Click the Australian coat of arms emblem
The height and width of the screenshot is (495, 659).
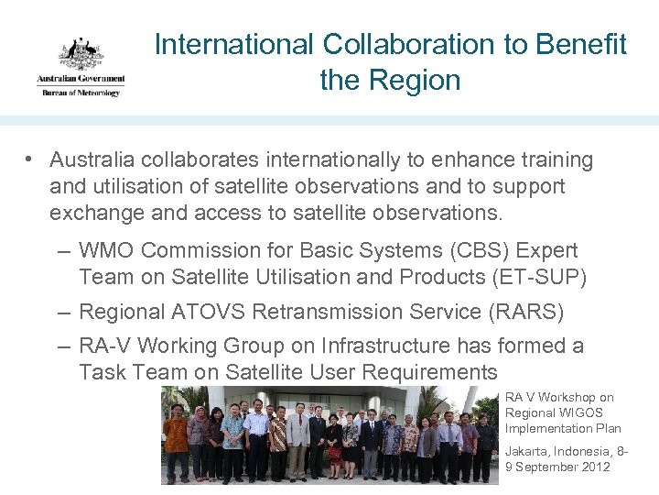(x=81, y=54)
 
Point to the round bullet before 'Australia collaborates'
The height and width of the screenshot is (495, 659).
(x=30, y=160)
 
